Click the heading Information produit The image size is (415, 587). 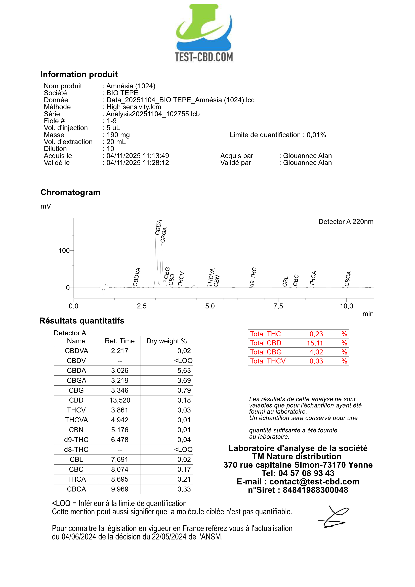click(79, 74)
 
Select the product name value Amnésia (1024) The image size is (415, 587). click(131, 86)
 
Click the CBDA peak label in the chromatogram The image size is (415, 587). click(158, 227)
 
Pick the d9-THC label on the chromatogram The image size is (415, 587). click(253, 277)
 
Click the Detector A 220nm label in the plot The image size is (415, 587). click(346, 222)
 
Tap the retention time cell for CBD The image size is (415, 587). click(120, 400)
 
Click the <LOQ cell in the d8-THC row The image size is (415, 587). click(183, 449)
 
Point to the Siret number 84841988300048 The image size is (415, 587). click(315, 490)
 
